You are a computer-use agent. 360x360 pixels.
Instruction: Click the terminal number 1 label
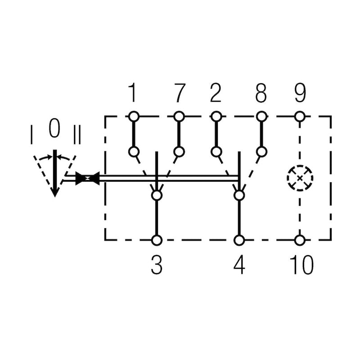click(132, 93)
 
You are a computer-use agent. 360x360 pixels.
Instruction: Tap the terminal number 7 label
click(179, 93)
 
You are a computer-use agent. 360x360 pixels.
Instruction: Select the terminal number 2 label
click(216, 93)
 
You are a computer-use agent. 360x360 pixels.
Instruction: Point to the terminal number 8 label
click(261, 93)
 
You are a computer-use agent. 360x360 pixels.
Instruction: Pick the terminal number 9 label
click(300, 93)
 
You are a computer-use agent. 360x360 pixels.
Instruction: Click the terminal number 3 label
click(156, 265)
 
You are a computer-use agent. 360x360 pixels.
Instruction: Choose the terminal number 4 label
click(239, 265)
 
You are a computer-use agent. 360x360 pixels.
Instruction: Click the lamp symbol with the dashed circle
click(300, 178)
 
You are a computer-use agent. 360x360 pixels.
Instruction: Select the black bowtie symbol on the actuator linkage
click(87, 179)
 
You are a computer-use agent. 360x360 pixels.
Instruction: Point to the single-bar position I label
click(31, 135)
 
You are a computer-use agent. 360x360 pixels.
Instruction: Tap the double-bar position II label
click(76, 135)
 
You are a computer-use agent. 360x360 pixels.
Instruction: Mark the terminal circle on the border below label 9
click(300, 117)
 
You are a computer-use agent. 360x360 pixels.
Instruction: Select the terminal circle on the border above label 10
click(300, 240)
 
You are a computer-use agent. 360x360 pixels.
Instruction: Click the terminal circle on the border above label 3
click(157, 240)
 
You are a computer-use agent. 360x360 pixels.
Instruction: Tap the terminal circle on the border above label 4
click(239, 240)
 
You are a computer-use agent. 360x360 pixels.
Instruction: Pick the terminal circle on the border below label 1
click(133, 117)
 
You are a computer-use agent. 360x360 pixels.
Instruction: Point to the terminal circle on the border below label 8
click(261, 117)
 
